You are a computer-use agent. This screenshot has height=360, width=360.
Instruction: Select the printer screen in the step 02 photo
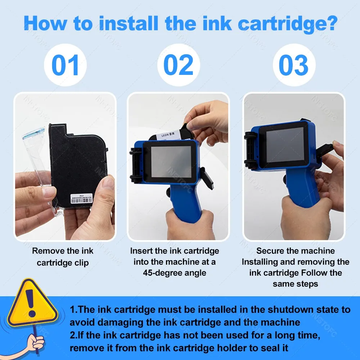(x=171, y=162)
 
